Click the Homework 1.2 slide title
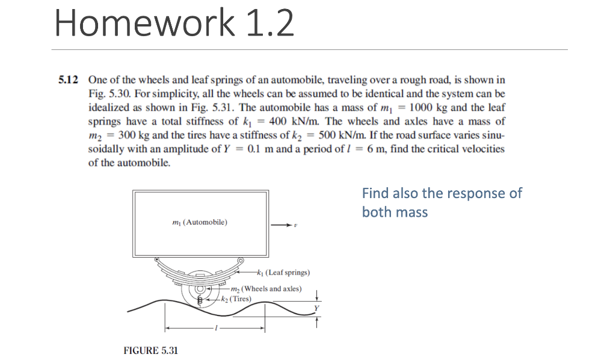click(174, 23)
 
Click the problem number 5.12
click(70, 80)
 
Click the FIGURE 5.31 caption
click(150, 350)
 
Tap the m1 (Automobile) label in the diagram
click(200, 222)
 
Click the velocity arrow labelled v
click(284, 225)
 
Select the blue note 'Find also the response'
click(442, 202)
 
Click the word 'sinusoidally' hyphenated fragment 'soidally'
click(108, 149)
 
